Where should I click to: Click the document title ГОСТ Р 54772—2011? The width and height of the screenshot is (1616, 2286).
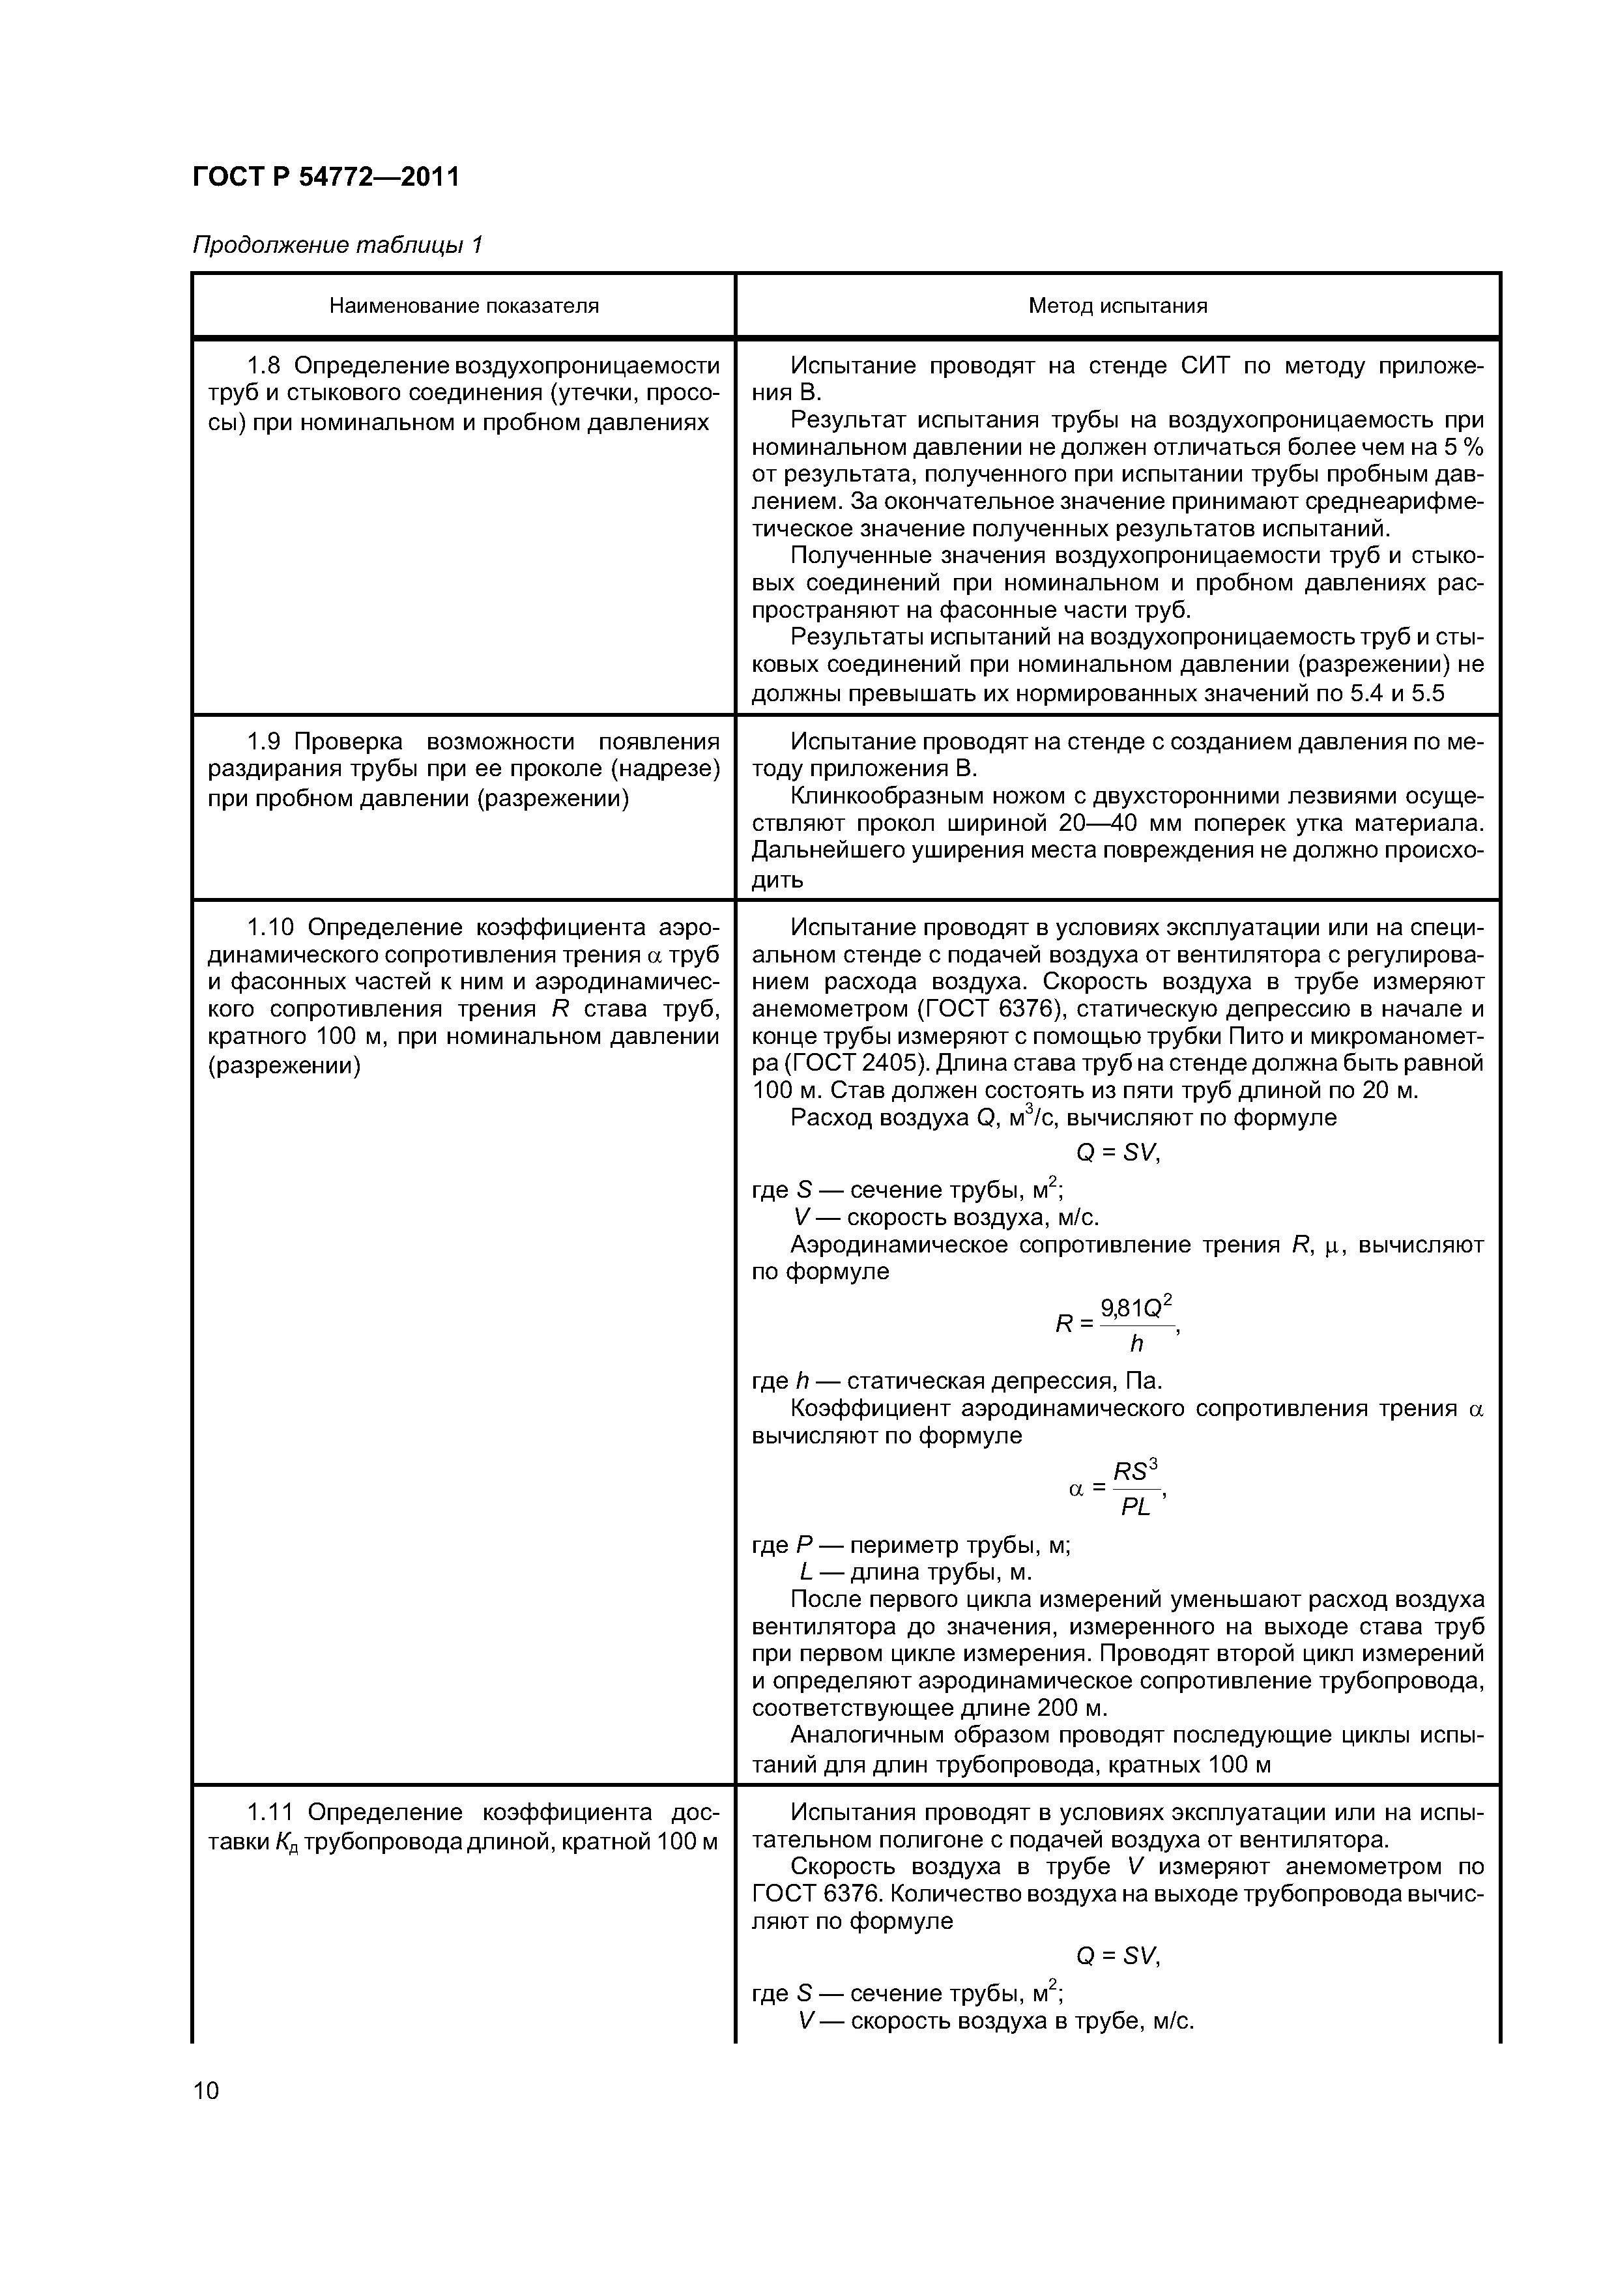point(326,177)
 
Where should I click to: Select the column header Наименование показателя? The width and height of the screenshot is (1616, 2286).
point(464,306)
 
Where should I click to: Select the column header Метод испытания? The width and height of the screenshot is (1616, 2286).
point(1117,306)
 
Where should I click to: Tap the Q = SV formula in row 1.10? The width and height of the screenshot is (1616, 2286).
point(1117,1153)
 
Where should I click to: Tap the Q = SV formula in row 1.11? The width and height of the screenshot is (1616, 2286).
point(1117,1956)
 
